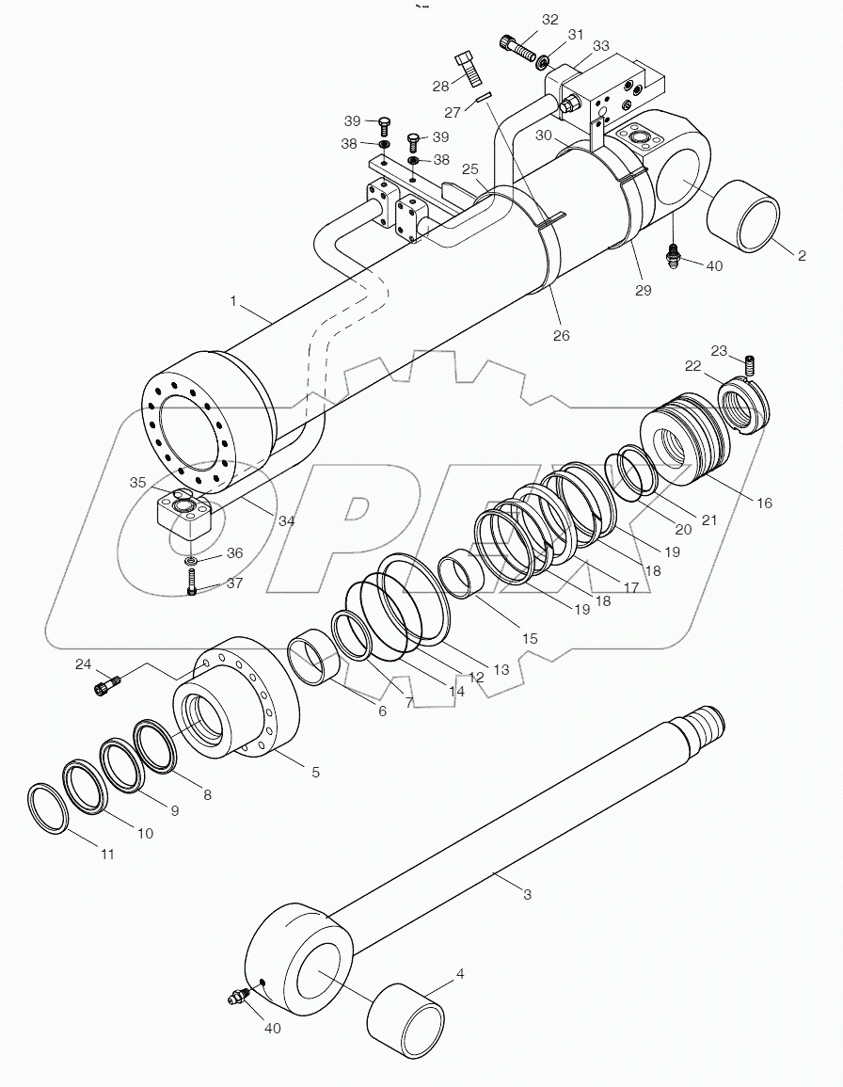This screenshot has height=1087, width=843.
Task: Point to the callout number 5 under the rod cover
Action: click(315, 772)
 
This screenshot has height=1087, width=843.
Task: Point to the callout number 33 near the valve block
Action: click(600, 45)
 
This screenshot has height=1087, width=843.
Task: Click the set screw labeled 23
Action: click(751, 363)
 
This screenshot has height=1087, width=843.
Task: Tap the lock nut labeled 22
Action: click(748, 407)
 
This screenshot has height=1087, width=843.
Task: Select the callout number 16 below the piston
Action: click(763, 504)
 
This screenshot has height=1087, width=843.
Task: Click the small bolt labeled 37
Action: click(192, 587)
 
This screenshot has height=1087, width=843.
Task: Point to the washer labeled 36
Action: click(191, 562)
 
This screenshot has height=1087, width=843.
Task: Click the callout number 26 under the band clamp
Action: click(562, 335)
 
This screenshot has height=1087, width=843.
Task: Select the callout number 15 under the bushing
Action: click(529, 638)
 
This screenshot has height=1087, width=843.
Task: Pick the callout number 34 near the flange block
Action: click(285, 520)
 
